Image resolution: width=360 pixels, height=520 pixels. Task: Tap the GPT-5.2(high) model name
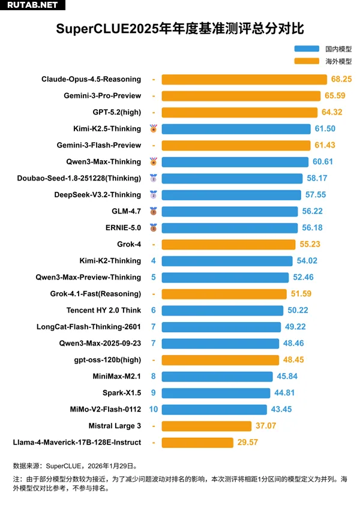tap(117, 112)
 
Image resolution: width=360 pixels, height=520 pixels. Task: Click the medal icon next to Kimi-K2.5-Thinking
tap(154, 128)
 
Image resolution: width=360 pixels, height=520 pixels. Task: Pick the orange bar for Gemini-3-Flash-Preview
tap(236, 145)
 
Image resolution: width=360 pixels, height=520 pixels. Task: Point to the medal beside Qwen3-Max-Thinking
tap(154, 161)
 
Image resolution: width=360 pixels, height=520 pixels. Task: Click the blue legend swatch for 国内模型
tap(307, 49)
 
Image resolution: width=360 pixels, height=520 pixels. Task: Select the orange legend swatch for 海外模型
tap(307, 61)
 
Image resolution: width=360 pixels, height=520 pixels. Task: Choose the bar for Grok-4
tap(229, 244)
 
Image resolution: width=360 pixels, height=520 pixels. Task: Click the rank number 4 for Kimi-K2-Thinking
tap(154, 261)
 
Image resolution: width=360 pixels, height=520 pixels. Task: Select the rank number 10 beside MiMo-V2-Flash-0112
tap(154, 409)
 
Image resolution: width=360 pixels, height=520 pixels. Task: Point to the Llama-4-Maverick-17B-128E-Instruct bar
tap(197, 443)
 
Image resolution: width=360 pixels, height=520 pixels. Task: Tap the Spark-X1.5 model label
tap(122, 393)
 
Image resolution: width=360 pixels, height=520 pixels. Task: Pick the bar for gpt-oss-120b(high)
tap(220, 360)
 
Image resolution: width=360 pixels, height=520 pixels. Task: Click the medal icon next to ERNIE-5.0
tap(154, 228)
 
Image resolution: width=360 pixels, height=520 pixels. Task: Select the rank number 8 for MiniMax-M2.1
tap(154, 376)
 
